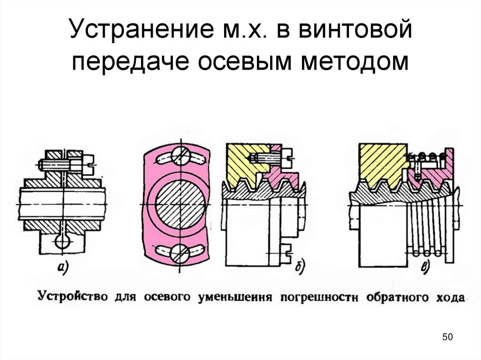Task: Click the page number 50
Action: click(447, 337)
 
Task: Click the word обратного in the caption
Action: click(397, 298)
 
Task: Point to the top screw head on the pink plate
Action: click(180, 155)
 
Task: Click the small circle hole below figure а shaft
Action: click(62, 242)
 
